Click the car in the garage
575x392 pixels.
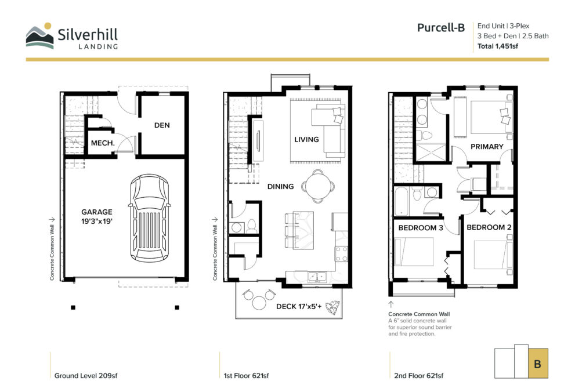(x=149, y=218)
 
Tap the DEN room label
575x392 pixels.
(x=162, y=125)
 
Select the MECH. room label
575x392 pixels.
(x=103, y=143)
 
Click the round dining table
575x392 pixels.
(x=318, y=186)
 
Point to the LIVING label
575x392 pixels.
(x=306, y=140)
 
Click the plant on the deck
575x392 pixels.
(x=333, y=308)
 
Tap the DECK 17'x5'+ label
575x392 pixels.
(x=299, y=306)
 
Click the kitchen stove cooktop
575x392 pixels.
(x=341, y=254)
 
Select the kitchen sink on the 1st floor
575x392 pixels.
(x=317, y=277)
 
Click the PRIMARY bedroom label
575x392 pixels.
(x=487, y=147)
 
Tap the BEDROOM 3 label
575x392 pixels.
(x=421, y=228)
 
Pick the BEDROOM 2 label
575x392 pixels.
(x=489, y=227)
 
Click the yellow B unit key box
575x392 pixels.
(x=538, y=364)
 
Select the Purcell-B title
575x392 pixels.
(x=441, y=28)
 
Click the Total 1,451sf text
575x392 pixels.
(x=498, y=46)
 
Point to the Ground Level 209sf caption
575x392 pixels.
(x=86, y=376)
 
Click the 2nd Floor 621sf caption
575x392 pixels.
(x=419, y=376)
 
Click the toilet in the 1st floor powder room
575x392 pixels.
(x=252, y=226)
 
